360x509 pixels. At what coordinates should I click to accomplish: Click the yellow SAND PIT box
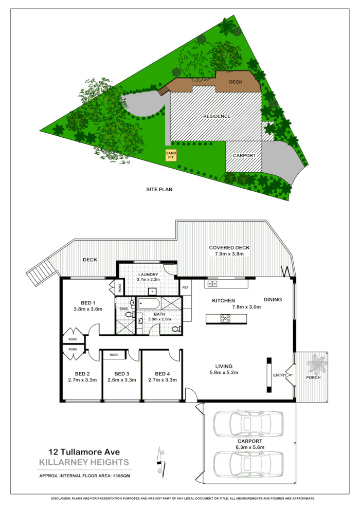(170, 155)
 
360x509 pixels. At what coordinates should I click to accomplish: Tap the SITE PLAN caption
(158, 189)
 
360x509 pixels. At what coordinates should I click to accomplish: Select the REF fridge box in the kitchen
(185, 287)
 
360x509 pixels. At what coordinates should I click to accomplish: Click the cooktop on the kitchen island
(224, 319)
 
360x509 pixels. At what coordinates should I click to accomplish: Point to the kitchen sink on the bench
(211, 284)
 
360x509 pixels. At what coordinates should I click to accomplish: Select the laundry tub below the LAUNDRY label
(152, 292)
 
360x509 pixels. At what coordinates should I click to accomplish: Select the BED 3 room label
(121, 374)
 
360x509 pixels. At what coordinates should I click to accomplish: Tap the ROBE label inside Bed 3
(114, 355)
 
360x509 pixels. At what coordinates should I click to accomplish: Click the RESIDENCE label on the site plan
(217, 116)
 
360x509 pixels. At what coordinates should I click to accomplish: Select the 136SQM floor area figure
(121, 476)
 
